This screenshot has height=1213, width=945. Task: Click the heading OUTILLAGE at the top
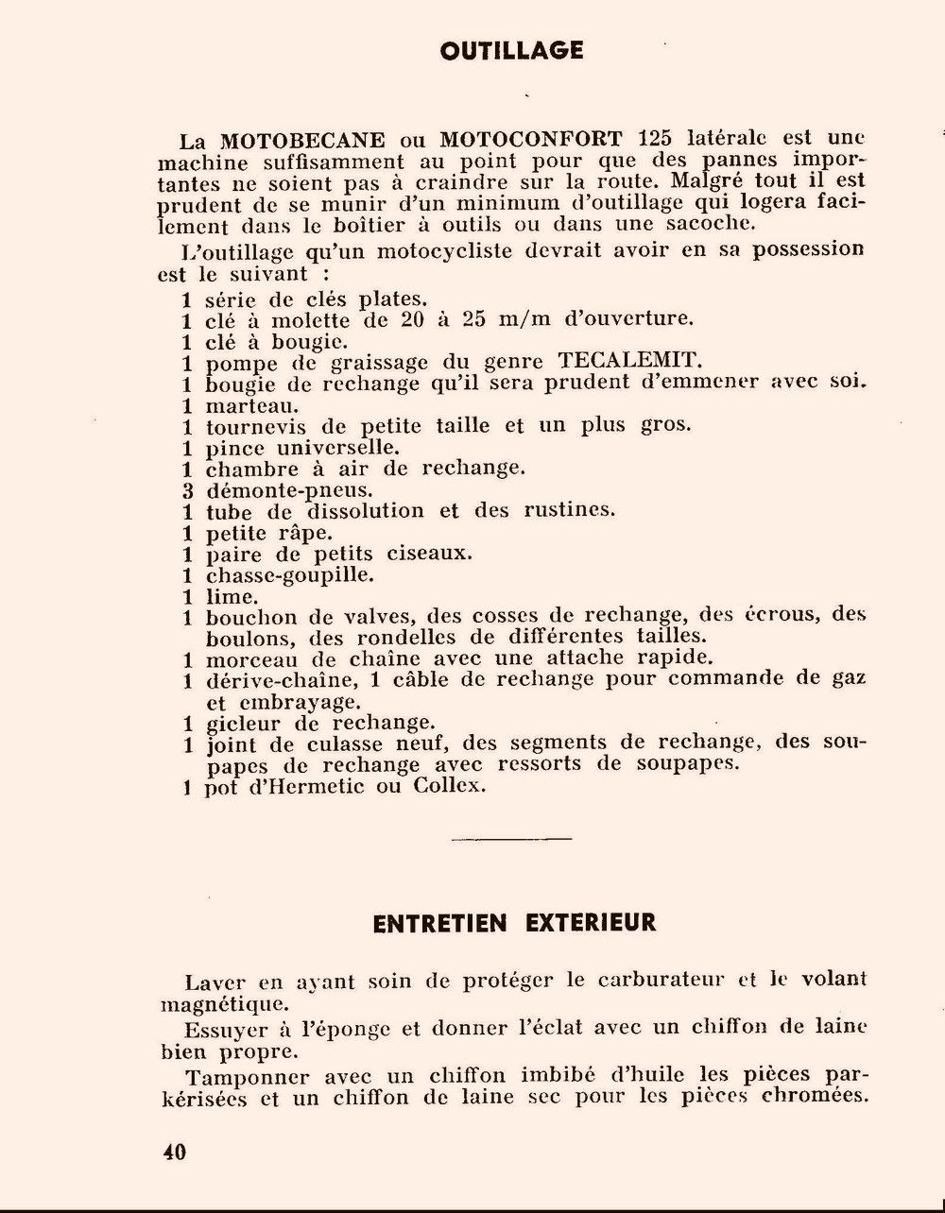pyautogui.click(x=511, y=50)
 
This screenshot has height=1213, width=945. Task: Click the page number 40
pyautogui.click(x=174, y=1152)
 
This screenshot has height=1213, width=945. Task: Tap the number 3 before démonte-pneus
pyautogui.click(x=187, y=490)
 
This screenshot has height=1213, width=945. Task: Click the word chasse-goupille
pyautogui.click(x=277, y=574)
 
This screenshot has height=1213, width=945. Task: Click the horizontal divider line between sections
pyautogui.click(x=511, y=837)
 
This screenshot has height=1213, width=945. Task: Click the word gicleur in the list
pyautogui.click(x=242, y=723)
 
